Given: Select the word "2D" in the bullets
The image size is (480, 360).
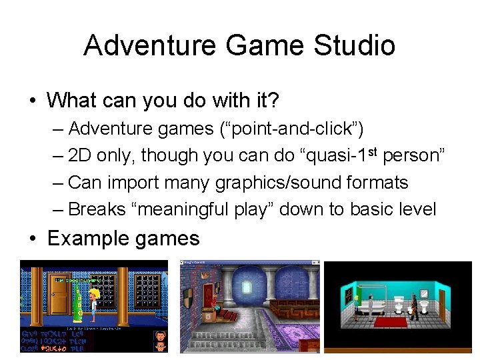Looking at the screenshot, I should click(80, 155).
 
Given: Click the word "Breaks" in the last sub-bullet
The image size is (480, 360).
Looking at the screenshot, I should click(97, 209).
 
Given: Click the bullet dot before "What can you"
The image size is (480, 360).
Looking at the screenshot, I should click(32, 101).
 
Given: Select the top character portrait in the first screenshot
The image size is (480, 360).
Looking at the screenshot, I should click(160, 335).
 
